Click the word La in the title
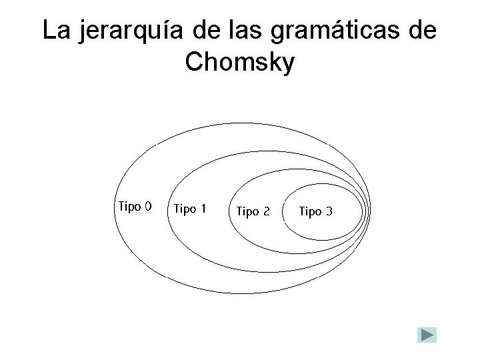55,31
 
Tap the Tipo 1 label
189,209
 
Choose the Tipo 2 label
253,212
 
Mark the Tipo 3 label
315,212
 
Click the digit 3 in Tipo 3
328,212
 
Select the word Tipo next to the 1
184,209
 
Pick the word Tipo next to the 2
247,212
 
